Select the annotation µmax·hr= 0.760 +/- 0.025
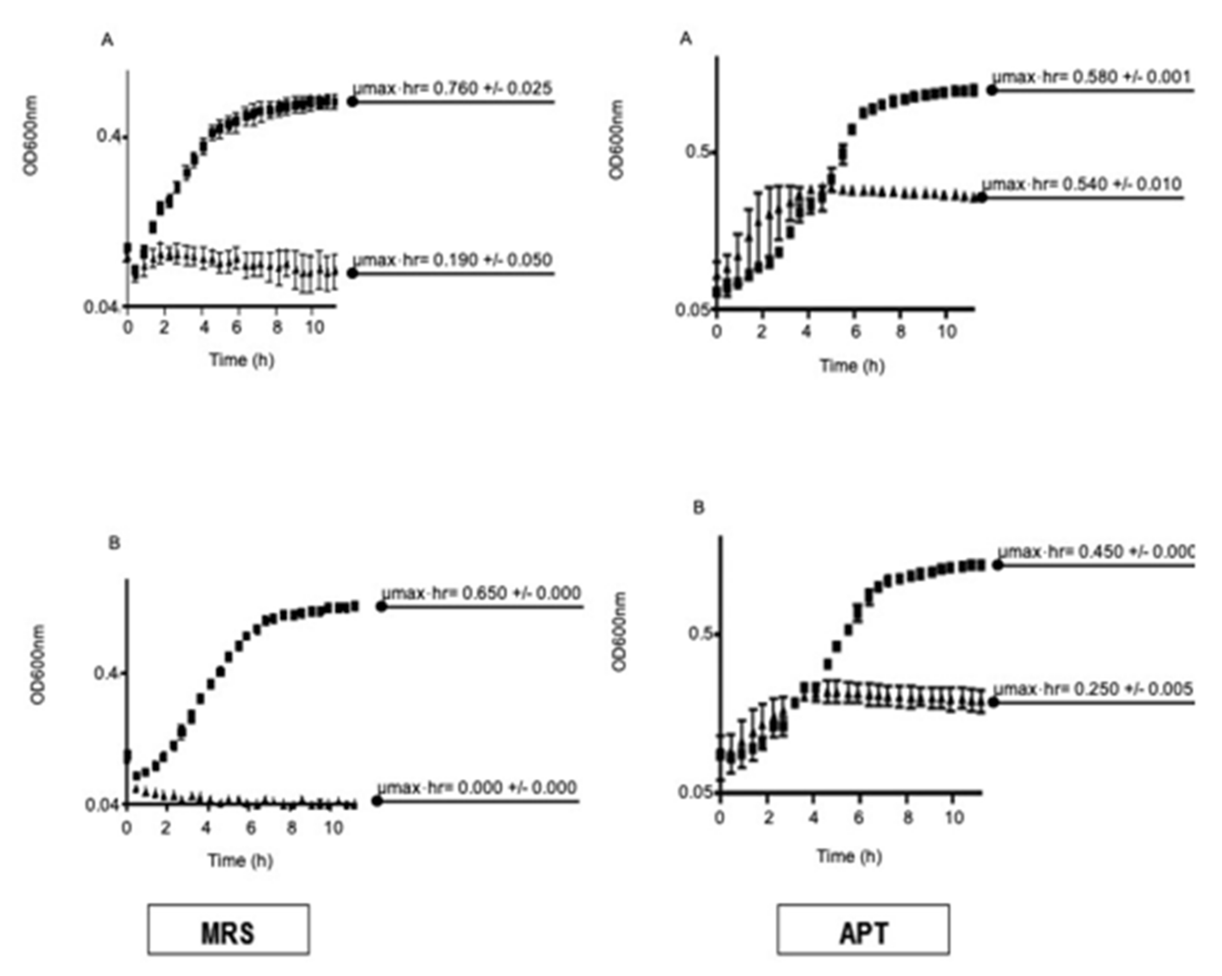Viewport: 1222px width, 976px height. point(452,88)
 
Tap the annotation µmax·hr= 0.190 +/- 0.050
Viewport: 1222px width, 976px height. point(452,260)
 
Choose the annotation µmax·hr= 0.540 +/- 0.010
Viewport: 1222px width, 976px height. point(1081,184)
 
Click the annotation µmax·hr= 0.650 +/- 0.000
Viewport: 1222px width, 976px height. point(480,593)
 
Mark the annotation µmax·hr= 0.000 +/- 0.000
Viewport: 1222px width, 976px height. point(477,787)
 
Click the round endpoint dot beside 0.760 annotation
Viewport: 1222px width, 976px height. point(353,102)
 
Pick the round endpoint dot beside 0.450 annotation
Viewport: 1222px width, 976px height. point(997,565)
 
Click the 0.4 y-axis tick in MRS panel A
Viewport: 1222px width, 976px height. point(108,137)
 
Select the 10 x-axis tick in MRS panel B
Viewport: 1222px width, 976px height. point(333,828)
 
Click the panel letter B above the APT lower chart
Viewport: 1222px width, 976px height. point(698,507)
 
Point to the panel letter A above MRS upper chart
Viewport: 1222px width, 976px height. point(107,40)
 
